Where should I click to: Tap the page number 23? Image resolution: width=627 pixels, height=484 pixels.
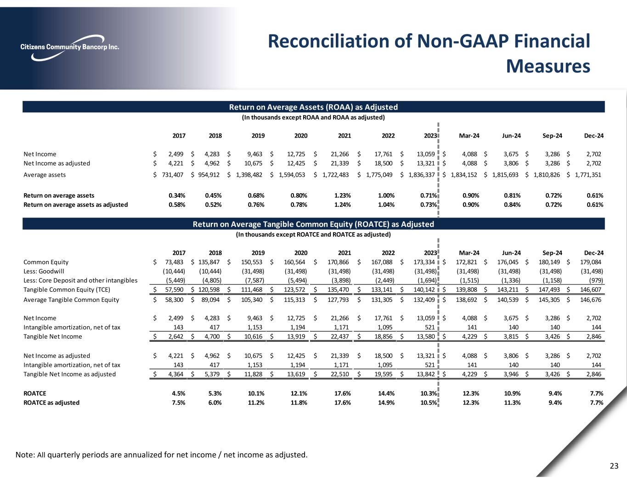pos(614,467)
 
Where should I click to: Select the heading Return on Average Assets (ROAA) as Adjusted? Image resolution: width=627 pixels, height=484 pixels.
pos(313,107)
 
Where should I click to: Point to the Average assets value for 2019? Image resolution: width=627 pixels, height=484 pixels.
pos(250,175)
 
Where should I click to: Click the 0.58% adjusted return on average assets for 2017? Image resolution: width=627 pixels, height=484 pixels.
pos(177,205)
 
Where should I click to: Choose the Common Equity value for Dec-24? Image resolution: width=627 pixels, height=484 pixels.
pos(590,262)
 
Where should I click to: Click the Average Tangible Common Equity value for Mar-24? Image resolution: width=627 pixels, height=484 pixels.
pos(467,300)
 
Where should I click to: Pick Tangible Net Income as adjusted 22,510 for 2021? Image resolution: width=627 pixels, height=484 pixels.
pos(340,374)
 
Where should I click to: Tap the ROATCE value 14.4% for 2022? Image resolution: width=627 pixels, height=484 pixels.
pos(386,394)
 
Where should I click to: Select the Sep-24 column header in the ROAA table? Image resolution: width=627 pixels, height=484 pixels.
pos(553,136)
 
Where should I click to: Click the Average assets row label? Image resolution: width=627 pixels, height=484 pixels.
pos(45,175)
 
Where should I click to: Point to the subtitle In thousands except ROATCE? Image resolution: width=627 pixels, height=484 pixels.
pos(313,234)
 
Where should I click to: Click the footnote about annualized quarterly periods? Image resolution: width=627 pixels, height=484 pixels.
pos(161,455)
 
